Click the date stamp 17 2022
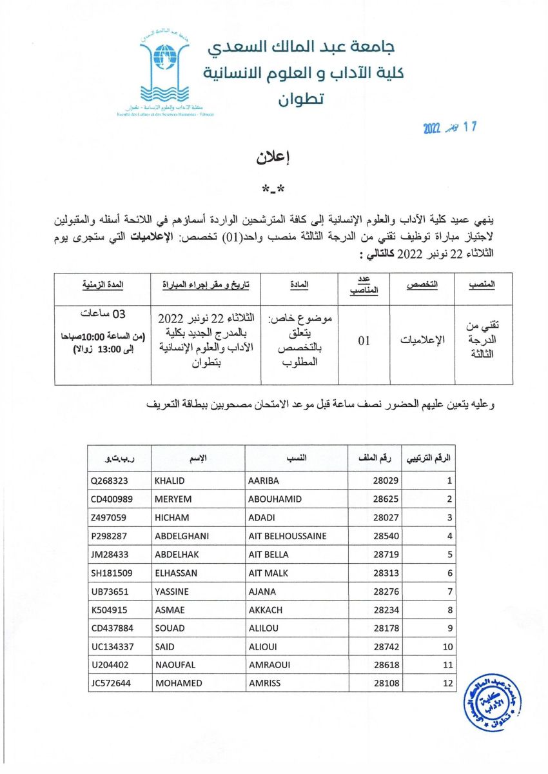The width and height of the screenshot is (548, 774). pyautogui.click(x=449, y=127)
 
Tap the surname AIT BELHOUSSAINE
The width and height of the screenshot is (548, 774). pyautogui.click(x=287, y=536)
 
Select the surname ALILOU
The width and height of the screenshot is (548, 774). pyautogui.click(x=264, y=628)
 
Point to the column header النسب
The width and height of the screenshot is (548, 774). pyautogui.click(x=295, y=459)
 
